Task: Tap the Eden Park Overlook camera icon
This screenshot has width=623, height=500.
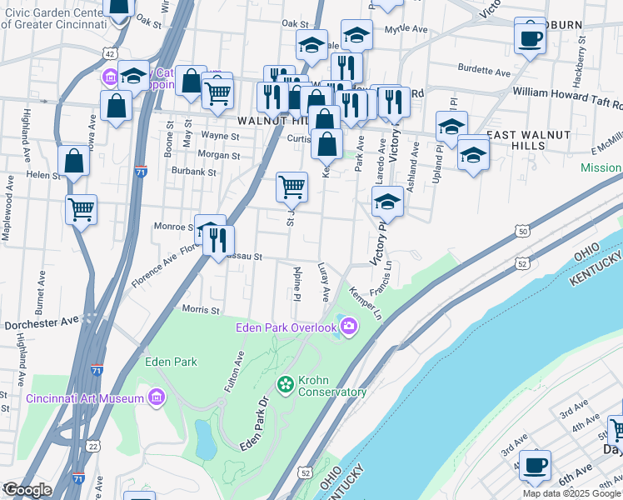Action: pos(348,327)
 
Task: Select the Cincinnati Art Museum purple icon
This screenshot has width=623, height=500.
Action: pos(156,398)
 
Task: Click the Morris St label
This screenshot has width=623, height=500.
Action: pos(200,310)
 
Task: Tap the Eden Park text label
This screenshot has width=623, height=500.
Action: pos(171,362)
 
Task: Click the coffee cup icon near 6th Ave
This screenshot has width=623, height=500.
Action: pos(535,464)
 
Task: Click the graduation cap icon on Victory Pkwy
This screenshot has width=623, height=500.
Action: pos(387,201)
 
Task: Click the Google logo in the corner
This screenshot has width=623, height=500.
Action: pos(27,490)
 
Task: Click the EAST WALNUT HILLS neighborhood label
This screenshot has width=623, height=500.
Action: pos(528,140)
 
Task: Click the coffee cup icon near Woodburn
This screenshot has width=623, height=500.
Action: pos(529,37)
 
